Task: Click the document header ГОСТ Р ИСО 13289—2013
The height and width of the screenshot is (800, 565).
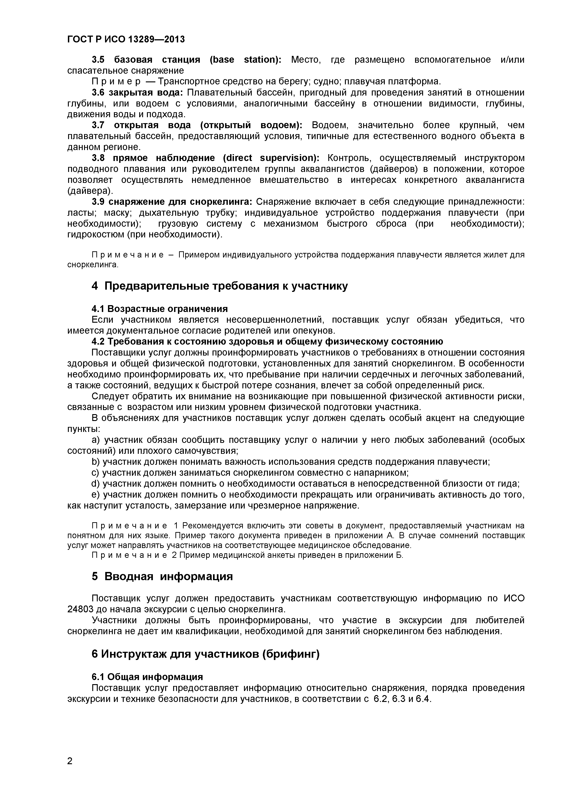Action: point(126,39)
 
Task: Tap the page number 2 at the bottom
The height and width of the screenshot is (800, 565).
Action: point(70,771)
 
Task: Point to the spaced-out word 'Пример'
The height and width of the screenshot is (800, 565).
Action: point(116,82)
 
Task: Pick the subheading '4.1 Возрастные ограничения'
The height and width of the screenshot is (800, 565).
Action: point(159,309)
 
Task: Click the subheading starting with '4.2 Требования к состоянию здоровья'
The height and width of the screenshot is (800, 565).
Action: point(267,341)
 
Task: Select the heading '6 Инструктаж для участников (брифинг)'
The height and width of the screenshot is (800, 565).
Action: point(205,654)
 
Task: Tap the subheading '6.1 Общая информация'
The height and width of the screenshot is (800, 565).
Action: point(147,677)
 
